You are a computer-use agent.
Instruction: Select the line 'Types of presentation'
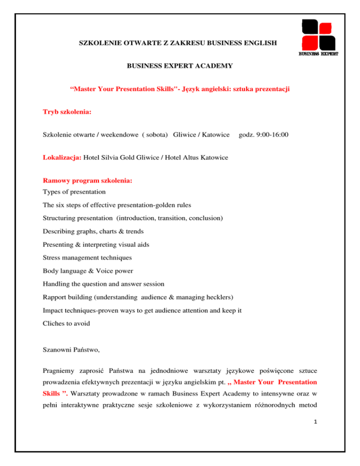74,192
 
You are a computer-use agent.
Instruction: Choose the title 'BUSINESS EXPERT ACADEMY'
180,67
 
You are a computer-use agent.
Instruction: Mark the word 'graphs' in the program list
86,231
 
